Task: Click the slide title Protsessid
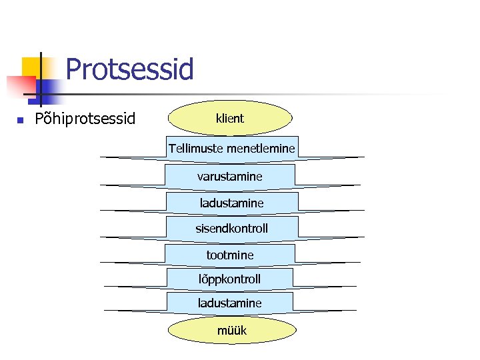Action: click(130, 69)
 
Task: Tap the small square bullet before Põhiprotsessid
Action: click(20, 120)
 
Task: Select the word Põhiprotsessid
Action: click(85, 119)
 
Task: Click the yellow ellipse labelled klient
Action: click(230, 119)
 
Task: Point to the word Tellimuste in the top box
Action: click(196, 148)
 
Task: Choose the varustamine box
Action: click(230, 177)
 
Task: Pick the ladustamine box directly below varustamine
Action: click(231, 203)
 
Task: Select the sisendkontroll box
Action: click(231, 228)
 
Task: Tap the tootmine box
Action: click(230, 255)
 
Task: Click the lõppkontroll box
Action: click(229, 279)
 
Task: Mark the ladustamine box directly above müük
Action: click(229, 303)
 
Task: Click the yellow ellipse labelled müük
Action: click(231, 330)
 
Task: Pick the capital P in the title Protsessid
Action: click(74, 69)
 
